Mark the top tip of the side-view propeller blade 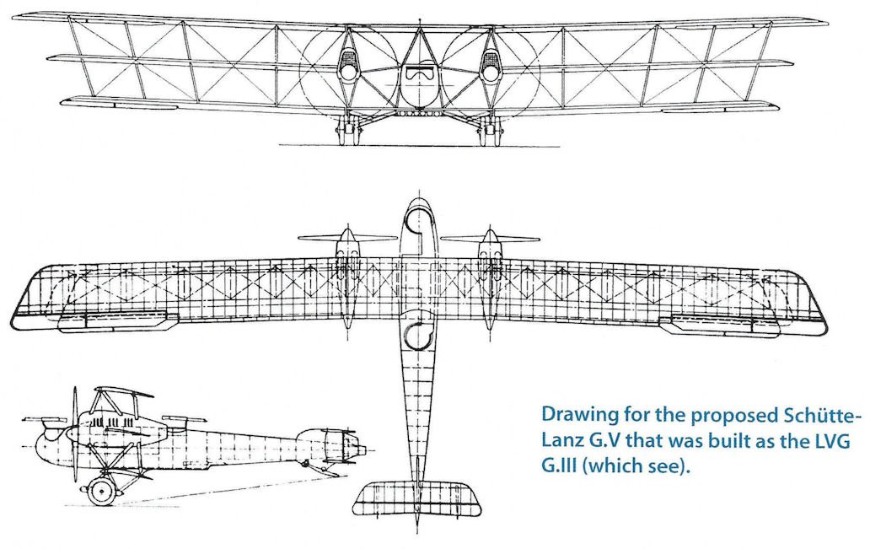(x=75, y=387)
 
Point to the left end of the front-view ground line (x=279, y=145)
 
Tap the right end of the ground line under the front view (x=559, y=147)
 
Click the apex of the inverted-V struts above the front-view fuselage (x=421, y=27)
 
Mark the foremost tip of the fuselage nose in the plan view (x=418, y=198)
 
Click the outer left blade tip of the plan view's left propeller (x=298, y=238)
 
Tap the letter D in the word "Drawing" (x=549, y=415)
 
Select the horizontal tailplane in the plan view (x=417, y=499)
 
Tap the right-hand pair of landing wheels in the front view (x=488, y=133)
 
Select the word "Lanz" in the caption (x=561, y=441)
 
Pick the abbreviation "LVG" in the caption (x=830, y=441)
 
